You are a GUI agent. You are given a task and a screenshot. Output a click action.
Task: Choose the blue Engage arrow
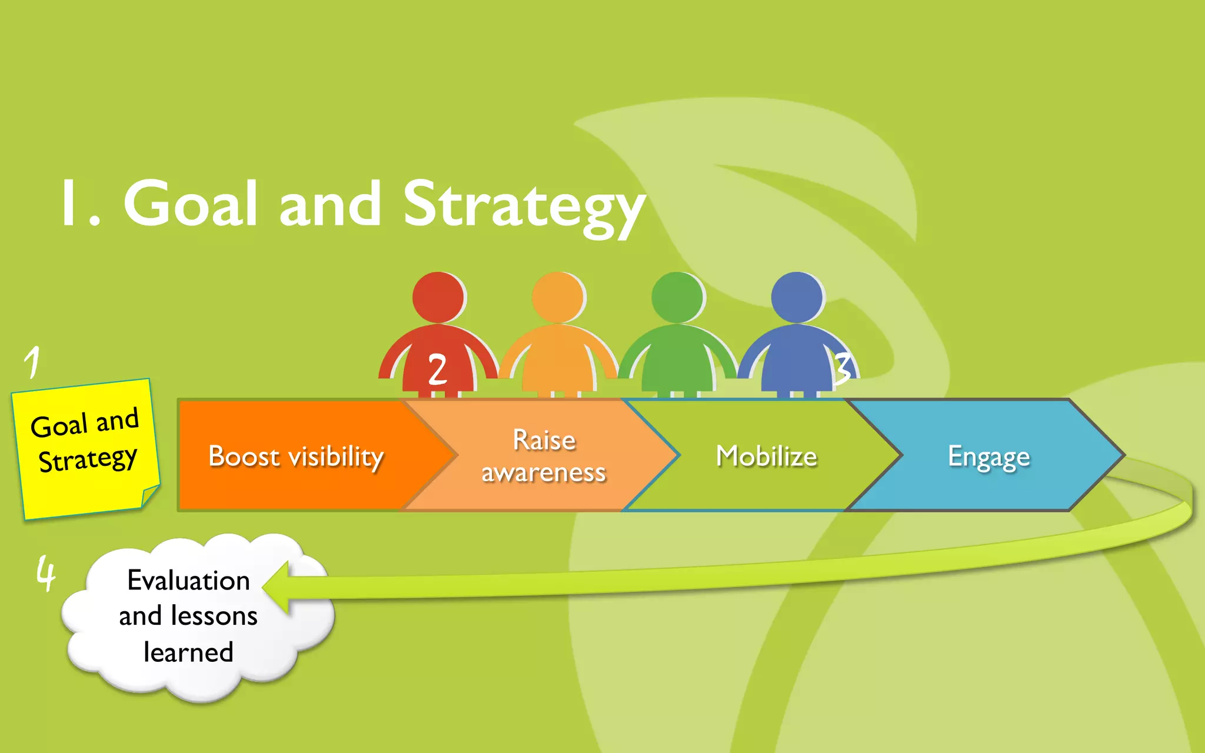[x=988, y=456]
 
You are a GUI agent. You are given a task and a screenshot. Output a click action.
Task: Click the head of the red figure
[x=438, y=297]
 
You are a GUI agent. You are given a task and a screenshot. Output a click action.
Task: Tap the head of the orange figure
[x=558, y=297]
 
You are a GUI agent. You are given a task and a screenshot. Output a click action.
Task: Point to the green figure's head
[x=677, y=297]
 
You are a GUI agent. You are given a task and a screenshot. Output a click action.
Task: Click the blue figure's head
[x=797, y=297]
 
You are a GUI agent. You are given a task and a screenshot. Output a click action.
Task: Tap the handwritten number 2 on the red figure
[x=437, y=370]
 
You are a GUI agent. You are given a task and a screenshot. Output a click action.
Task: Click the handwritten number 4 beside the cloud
[x=46, y=573]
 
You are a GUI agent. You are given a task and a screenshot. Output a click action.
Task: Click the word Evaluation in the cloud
[x=188, y=581]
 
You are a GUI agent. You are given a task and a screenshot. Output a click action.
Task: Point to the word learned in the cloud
[x=188, y=652]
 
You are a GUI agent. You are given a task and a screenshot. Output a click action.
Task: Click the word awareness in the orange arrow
[x=543, y=472]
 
